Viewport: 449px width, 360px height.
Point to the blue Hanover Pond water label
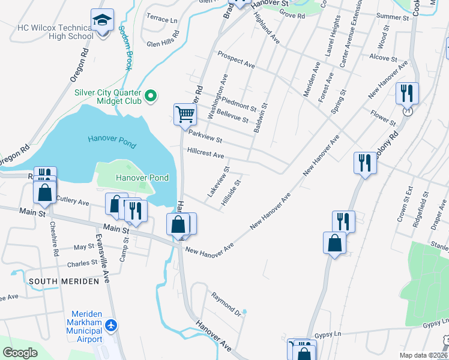click(112, 142)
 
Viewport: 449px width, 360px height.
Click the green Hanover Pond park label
click(142, 178)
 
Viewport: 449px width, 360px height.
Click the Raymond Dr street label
click(225, 305)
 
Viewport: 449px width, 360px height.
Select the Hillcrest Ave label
click(205, 154)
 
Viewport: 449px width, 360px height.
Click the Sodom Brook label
click(125, 48)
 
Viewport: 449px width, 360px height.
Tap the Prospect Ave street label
click(237, 59)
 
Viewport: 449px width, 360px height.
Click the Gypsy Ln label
click(328, 334)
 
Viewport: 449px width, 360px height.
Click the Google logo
click(20, 353)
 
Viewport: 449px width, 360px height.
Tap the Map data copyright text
click(423, 355)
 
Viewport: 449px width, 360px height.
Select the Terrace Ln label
click(162, 19)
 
